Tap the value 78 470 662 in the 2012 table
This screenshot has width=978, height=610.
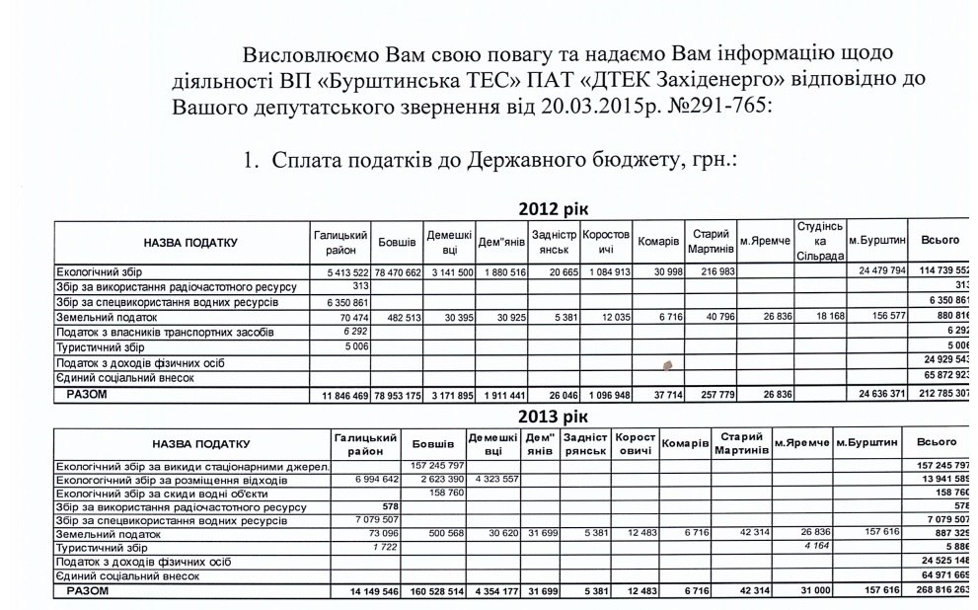(397, 270)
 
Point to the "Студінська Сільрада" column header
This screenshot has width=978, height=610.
(819, 242)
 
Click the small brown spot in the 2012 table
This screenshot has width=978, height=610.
(666, 364)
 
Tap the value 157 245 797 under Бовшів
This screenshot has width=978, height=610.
(432, 465)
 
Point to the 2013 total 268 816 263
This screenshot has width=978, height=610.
(942, 591)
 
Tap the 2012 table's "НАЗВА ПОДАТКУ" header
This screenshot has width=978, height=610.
(178, 242)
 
